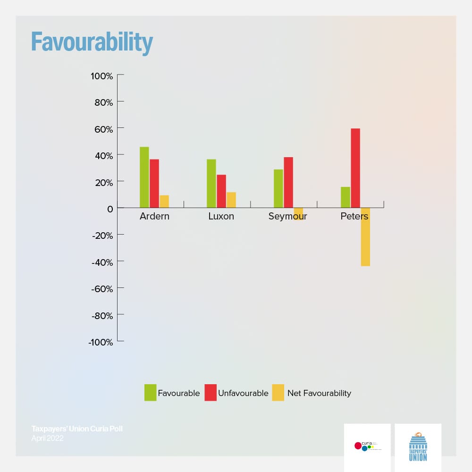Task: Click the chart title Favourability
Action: point(92,43)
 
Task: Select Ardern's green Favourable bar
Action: point(144,177)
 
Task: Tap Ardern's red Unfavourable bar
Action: point(154,184)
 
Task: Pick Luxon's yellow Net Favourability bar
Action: point(231,200)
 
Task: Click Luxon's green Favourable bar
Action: point(211,184)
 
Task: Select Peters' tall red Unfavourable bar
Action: point(355,168)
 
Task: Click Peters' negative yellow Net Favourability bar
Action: point(365,237)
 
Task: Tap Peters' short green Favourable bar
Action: point(346,197)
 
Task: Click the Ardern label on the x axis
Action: point(154,217)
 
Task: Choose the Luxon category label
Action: point(221,217)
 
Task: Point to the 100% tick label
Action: point(102,76)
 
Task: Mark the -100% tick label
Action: point(100,342)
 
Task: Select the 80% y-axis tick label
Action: point(103,102)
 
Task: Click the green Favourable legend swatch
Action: point(150,393)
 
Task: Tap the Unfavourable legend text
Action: point(243,393)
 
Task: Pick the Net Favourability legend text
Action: point(319,393)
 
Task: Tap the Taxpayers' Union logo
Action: point(418,446)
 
